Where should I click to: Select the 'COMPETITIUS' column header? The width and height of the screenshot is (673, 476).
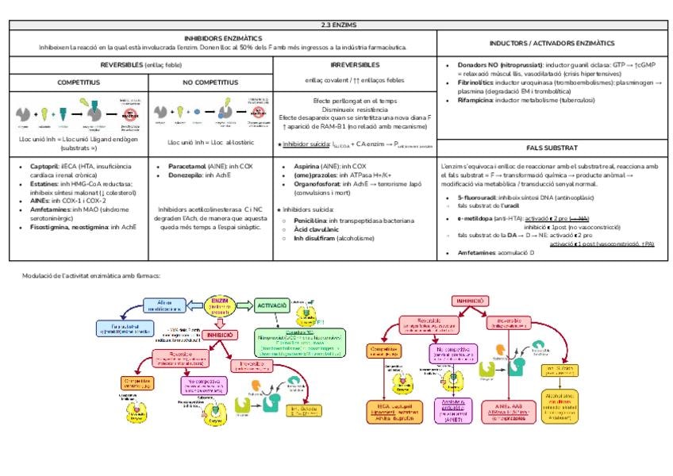coord(78,82)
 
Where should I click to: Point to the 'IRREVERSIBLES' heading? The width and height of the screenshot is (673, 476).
coord(354,64)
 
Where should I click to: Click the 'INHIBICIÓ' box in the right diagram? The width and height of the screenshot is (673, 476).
coord(471,301)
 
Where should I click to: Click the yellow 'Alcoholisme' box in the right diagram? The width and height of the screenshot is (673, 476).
coord(563,405)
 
